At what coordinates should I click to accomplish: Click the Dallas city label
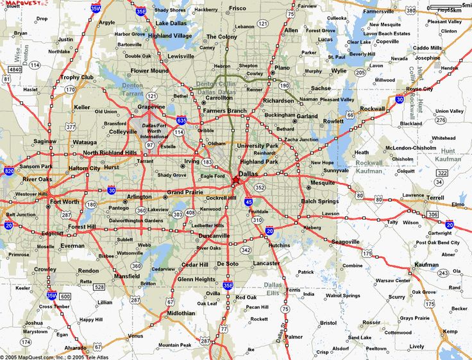(x=249, y=173)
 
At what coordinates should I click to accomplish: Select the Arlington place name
(x=139, y=196)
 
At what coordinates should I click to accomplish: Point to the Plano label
(x=282, y=67)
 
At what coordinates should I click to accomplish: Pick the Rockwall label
(x=373, y=108)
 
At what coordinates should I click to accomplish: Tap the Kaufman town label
(x=426, y=264)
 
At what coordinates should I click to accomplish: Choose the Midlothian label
(x=181, y=313)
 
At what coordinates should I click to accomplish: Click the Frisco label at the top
(x=237, y=8)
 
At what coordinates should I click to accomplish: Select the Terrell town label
(x=435, y=198)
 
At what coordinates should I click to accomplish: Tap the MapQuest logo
(x=18, y=3)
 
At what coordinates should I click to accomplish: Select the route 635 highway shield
(x=182, y=120)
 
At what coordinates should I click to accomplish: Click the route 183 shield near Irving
(x=207, y=162)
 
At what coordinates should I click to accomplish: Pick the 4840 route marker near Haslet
(x=14, y=69)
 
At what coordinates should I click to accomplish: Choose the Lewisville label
(x=181, y=56)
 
